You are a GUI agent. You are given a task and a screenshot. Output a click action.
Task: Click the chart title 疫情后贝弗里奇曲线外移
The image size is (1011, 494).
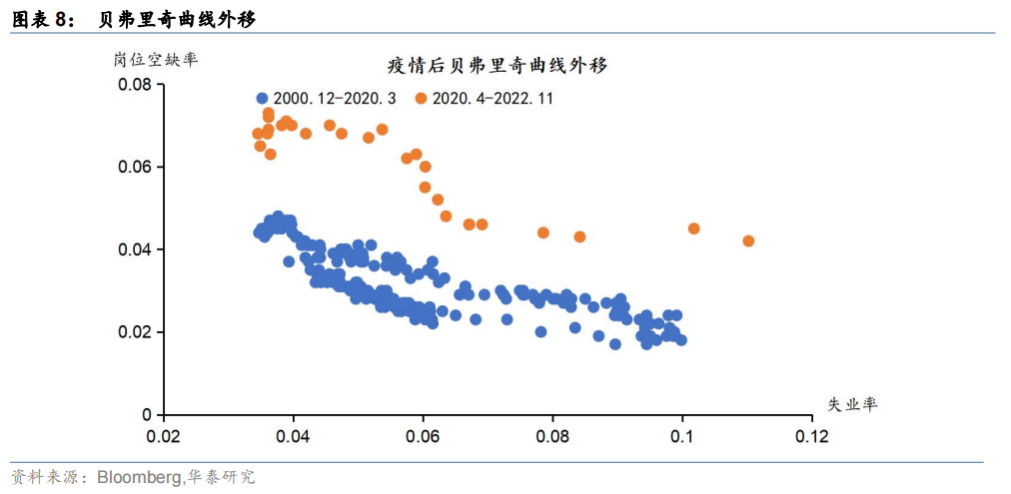pyautogui.click(x=498, y=65)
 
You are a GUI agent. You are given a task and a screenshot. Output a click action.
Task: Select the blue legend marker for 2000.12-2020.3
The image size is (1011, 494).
pyautogui.click(x=262, y=99)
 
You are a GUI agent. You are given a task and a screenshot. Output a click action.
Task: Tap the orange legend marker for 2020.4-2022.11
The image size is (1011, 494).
pyautogui.click(x=421, y=99)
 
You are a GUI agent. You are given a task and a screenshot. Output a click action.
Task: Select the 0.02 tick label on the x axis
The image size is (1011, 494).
pyautogui.click(x=164, y=436)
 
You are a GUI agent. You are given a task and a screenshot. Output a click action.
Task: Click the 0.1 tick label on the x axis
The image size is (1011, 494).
pyautogui.click(x=682, y=436)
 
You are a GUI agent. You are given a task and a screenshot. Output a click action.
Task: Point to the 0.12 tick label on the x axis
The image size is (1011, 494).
pyautogui.click(x=812, y=436)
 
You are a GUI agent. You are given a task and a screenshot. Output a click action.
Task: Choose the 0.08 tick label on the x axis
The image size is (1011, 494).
pyautogui.click(x=552, y=436)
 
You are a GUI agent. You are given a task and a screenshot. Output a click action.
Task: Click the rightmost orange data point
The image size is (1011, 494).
pyautogui.click(x=748, y=241)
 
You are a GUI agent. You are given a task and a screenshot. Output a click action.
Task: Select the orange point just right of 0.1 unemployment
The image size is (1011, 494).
pyautogui.click(x=693, y=229)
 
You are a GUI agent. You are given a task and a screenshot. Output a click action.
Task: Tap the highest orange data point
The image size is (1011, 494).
pyautogui.click(x=268, y=114)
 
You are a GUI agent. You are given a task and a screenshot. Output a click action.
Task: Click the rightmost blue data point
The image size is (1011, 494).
pyautogui.click(x=681, y=340)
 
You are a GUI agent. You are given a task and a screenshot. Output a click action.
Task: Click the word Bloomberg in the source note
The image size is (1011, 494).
pyautogui.click(x=140, y=477)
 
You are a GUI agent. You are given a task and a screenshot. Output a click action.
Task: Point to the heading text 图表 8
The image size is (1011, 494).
pyautogui.click(x=39, y=21)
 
